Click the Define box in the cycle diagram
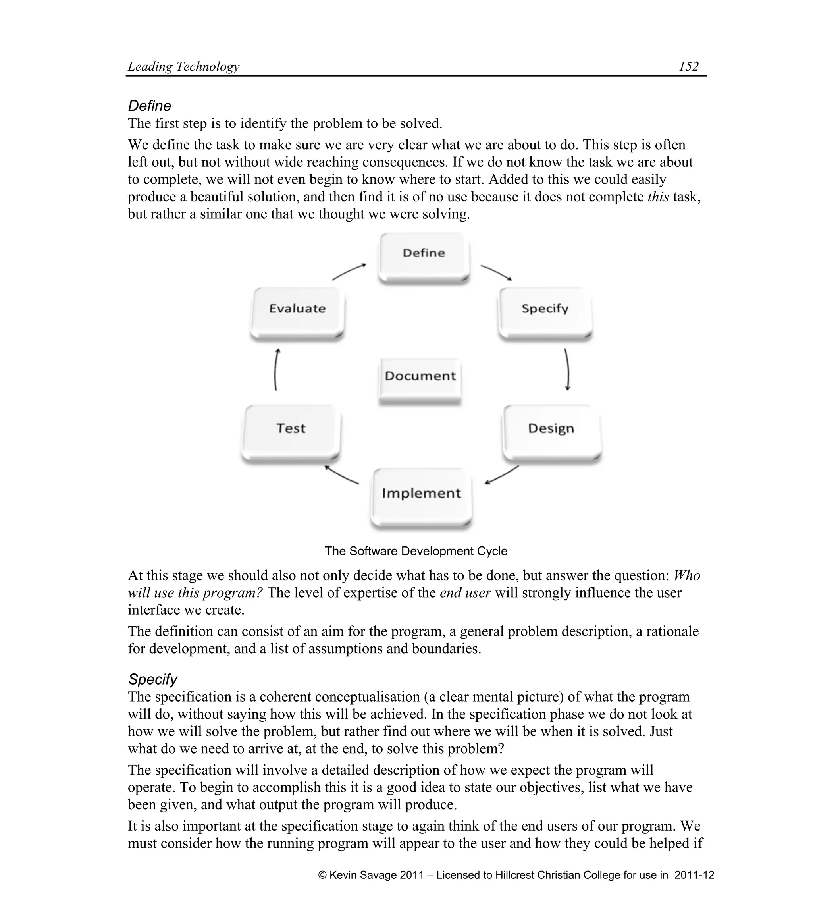pos(424,257)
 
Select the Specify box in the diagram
pos(545,312)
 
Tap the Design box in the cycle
pos(551,432)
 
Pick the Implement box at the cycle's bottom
pos(421,497)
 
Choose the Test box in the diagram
pos(291,432)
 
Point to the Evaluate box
pos(297,312)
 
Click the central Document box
pos(420,379)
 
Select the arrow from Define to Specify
pos(496,272)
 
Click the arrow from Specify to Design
pos(567,369)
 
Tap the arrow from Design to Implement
pos(502,475)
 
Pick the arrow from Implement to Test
pos(342,475)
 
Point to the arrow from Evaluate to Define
pos(349,272)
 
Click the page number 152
pos(689,66)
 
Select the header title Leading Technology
pos(184,66)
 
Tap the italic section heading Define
pos(150,106)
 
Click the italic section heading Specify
pos(152,679)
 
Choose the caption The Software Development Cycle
pos(416,551)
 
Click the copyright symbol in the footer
pos(322,875)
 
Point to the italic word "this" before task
pos(658,197)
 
